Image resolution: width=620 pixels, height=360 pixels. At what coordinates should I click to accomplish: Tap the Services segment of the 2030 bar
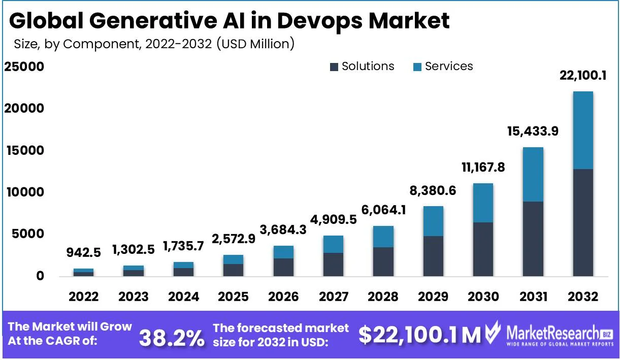(x=483, y=203)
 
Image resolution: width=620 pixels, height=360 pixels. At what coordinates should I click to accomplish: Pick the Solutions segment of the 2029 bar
(x=433, y=256)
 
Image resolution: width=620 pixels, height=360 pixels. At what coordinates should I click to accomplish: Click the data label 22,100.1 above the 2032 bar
(x=582, y=76)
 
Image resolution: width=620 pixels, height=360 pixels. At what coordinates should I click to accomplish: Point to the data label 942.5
(x=83, y=252)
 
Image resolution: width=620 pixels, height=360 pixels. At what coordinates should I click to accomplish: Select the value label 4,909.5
(x=333, y=220)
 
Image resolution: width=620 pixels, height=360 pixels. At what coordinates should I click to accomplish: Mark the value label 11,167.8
(x=483, y=167)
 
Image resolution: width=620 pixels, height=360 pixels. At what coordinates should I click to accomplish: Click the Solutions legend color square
(x=334, y=67)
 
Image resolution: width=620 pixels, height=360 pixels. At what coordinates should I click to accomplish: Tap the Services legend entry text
(x=448, y=67)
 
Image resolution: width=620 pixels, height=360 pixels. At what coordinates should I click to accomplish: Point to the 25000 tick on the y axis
(x=24, y=67)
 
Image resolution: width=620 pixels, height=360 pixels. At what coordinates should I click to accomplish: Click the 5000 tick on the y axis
(x=28, y=234)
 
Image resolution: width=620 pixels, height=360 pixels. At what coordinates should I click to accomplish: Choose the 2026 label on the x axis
(x=283, y=297)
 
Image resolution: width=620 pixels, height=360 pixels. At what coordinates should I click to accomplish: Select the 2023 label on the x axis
(x=134, y=297)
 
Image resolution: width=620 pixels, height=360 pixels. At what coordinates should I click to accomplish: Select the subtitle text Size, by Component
(x=76, y=44)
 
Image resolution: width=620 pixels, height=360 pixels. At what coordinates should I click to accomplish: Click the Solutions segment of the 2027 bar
(x=333, y=265)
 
